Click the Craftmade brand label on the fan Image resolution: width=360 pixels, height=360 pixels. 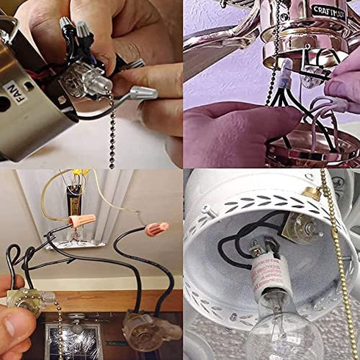pos(328,11)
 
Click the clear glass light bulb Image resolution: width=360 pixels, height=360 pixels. pos(283,327)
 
